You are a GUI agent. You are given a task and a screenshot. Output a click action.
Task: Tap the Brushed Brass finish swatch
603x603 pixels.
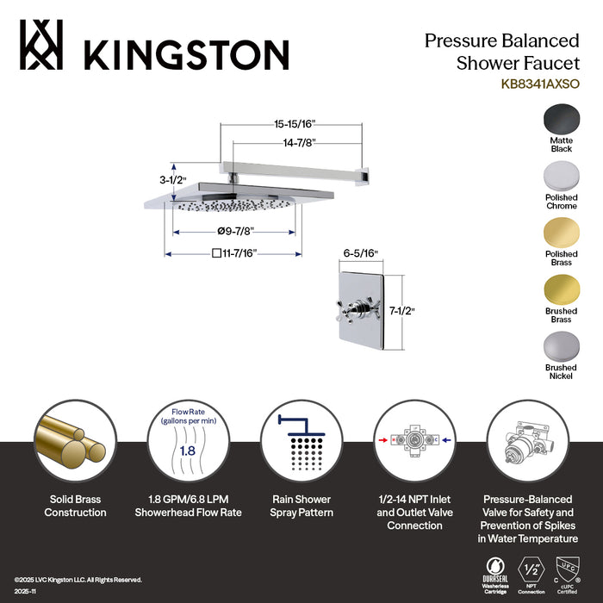click(x=561, y=290)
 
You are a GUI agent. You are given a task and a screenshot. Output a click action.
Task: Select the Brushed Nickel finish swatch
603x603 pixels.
click(x=561, y=348)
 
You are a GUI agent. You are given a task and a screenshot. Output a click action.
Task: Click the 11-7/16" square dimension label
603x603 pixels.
click(x=233, y=253)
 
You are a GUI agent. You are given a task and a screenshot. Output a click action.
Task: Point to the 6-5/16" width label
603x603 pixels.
click(x=360, y=254)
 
